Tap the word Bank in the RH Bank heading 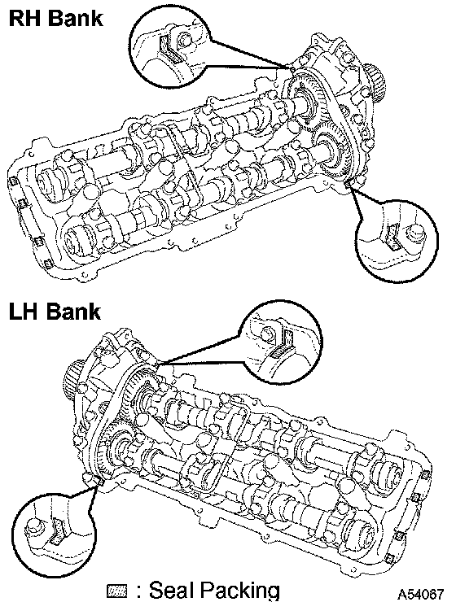76,18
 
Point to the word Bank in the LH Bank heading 74,312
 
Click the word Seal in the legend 171,589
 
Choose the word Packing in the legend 239,591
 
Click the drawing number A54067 420,594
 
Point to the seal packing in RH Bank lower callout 394,237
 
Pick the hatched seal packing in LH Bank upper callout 284,343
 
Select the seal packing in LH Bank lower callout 57,532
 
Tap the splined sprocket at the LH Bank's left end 72,379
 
